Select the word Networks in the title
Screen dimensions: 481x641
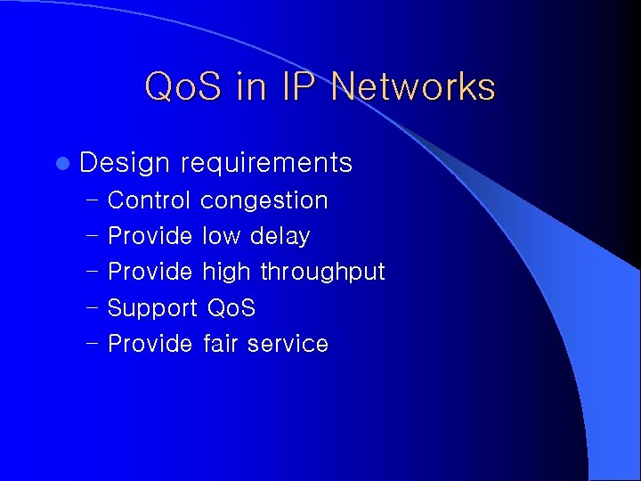(413, 87)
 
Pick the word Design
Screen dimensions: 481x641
(124, 163)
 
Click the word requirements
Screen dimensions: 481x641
(266, 163)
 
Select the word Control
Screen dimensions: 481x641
(149, 200)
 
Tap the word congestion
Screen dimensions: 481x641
(264, 200)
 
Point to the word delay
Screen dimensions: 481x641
(280, 236)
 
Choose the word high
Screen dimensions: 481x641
(227, 272)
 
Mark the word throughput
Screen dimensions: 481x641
(322, 272)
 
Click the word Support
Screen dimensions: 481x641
(152, 308)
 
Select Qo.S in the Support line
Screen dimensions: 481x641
(231, 308)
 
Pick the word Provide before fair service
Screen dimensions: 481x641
(150, 344)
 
